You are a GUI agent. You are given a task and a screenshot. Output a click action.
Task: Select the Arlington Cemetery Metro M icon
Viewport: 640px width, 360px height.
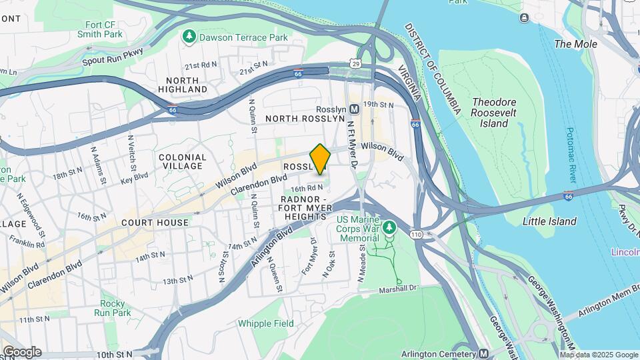(x=484, y=353)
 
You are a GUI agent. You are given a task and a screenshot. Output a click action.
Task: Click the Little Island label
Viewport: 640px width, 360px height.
(x=549, y=221)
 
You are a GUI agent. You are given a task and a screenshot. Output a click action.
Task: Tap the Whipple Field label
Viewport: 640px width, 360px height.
(x=265, y=324)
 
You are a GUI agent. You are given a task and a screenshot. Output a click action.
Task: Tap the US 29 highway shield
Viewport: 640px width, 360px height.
(x=356, y=63)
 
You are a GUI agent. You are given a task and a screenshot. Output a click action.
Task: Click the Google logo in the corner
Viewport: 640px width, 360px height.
(x=22, y=352)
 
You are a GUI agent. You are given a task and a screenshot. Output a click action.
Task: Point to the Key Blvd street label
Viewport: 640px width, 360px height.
(x=135, y=179)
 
